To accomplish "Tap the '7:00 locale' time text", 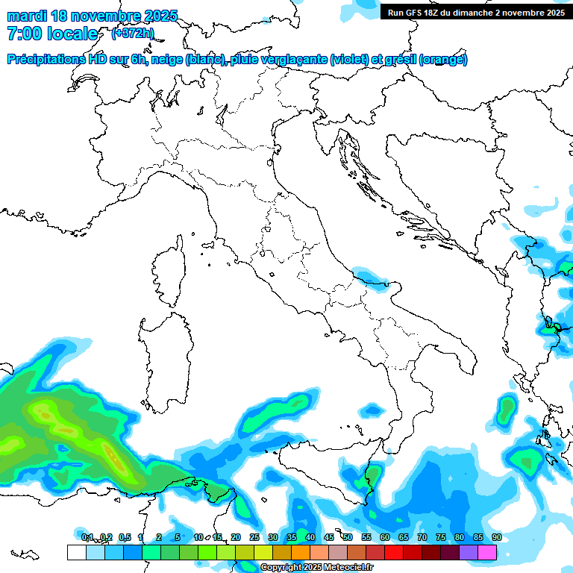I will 51,34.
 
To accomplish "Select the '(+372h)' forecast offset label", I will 133,33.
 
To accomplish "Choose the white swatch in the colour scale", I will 76,552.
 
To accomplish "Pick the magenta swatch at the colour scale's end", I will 487,552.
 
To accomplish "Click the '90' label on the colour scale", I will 496,537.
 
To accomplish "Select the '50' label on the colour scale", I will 347,537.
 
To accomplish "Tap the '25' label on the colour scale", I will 254,537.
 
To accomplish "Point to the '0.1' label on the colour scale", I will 87,537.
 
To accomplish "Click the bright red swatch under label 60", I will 394,552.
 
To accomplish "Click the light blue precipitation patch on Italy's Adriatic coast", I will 370,275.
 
